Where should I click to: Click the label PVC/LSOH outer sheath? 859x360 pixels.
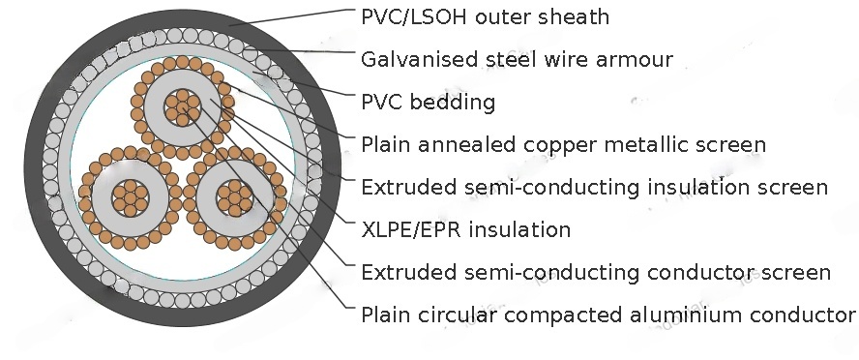click(x=485, y=16)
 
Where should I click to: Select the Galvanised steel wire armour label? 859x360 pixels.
click(x=517, y=60)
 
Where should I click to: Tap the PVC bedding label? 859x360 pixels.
click(x=428, y=102)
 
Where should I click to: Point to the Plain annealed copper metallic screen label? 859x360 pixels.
click(x=563, y=145)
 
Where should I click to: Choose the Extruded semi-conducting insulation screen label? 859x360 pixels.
click(x=594, y=187)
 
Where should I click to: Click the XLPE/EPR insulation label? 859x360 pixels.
click(x=465, y=229)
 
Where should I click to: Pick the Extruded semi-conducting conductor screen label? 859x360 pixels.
click(x=595, y=272)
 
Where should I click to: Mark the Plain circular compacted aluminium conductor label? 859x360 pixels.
click(x=607, y=315)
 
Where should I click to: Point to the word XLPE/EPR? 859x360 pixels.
click(x=406, y=229)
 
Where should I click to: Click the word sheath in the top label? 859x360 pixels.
click(x=582, y=16)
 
